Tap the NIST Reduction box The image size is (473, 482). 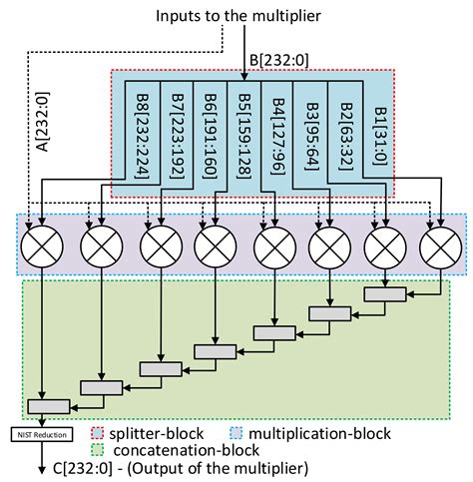[39, 433]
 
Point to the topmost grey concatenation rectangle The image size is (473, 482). [384, 294]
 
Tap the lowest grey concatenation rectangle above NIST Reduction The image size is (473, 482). [48, 405]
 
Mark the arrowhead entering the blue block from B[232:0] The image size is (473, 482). [245, 76]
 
